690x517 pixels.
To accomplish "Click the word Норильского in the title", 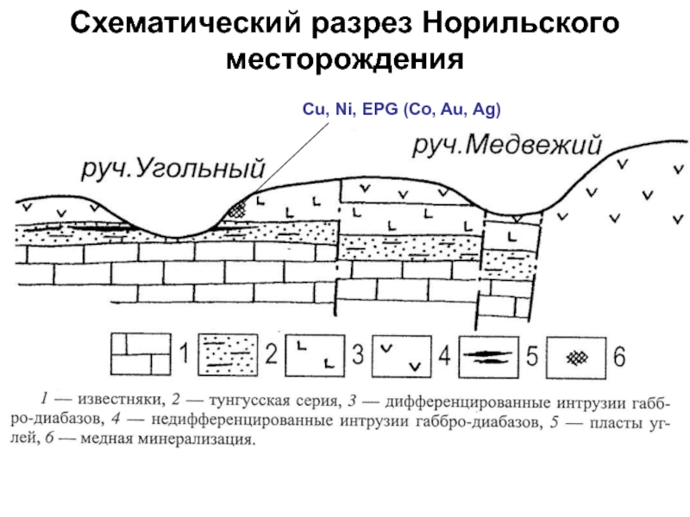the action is pos(521,24).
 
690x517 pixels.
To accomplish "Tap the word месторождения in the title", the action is pos(345,59).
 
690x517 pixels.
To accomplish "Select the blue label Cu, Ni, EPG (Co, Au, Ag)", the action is pos(401,109).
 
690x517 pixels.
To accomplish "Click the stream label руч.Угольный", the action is pos(173,168).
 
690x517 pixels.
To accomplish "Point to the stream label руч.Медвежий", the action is pos(507,145).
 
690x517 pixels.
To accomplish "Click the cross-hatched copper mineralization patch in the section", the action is pos(238,209).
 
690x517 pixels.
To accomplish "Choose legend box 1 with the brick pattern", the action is pos(141,354).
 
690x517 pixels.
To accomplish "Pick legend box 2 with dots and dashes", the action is pos(228,354).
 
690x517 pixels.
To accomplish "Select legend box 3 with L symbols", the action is pos(315,356).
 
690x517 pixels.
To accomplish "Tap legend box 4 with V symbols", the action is pos(401,356).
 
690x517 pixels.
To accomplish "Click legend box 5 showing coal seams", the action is pos(488,357).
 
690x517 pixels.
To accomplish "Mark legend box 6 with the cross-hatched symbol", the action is pos(576,358).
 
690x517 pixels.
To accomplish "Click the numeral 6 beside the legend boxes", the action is pos(619,357).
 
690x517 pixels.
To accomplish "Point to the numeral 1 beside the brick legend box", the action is pos(185,353).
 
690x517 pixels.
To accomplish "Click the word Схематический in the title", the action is pos(185,24).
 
